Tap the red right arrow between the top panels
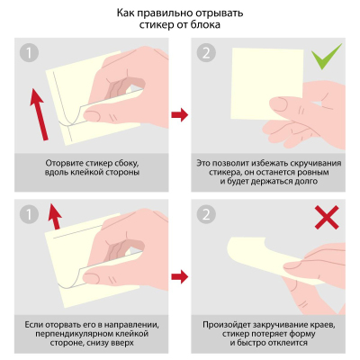coord(179,114)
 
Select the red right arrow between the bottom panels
coord(179,273)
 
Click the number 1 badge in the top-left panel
coord(31,55)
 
